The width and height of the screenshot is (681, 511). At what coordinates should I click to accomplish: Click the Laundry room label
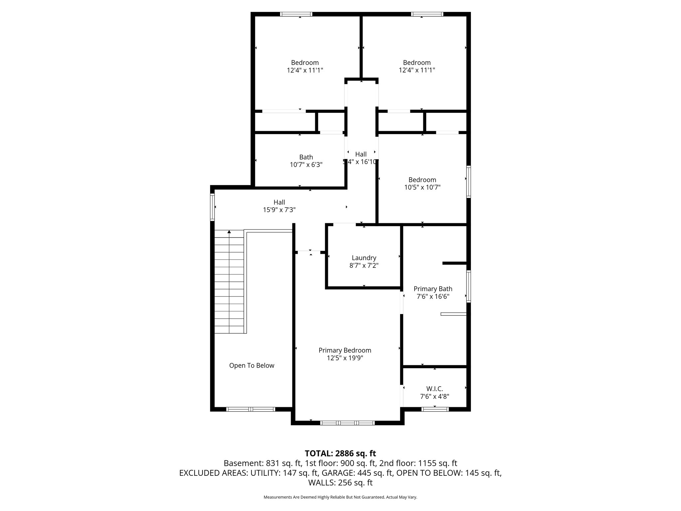(x=364, y=258)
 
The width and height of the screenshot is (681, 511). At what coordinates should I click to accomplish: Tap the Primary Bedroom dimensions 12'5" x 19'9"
(x=345, y=358)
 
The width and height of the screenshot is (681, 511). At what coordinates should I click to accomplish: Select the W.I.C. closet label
(x=435, y=389)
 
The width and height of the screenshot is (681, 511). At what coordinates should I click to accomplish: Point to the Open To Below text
(x=252, y=365)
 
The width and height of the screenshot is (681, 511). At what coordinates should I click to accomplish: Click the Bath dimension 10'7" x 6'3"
(x=306, y=165)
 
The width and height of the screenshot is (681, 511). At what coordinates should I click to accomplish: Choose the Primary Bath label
(x=433, y=289)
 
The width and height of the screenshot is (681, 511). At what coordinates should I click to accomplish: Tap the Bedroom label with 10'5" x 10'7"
(x=422, y=180)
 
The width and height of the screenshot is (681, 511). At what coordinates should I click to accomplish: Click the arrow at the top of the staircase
(x=229, y=232)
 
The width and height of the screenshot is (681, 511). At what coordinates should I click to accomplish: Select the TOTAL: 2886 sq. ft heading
(x=340, y=453)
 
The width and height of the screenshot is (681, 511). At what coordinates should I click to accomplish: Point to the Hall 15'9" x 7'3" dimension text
(x=279, y=210)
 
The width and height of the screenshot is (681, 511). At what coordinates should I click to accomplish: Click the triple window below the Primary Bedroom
(x=347, y=423)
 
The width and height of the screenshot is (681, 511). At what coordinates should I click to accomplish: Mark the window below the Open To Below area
(x=251, y=409)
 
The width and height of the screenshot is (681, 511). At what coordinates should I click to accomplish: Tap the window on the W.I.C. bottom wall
(x=435, y=409)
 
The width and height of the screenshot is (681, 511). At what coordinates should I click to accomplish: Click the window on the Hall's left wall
(x=212, y=207)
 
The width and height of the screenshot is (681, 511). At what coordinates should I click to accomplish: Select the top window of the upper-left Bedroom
(x=296, y=14)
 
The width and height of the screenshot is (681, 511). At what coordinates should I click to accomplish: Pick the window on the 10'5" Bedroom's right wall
(x=468, y=182)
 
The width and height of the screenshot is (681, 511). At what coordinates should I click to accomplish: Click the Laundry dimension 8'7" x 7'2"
(x=364, y=265)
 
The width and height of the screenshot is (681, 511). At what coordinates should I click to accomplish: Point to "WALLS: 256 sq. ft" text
(x=340, y=483)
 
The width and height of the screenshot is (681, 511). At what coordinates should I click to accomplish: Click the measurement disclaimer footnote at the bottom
(x=340, y=497)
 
